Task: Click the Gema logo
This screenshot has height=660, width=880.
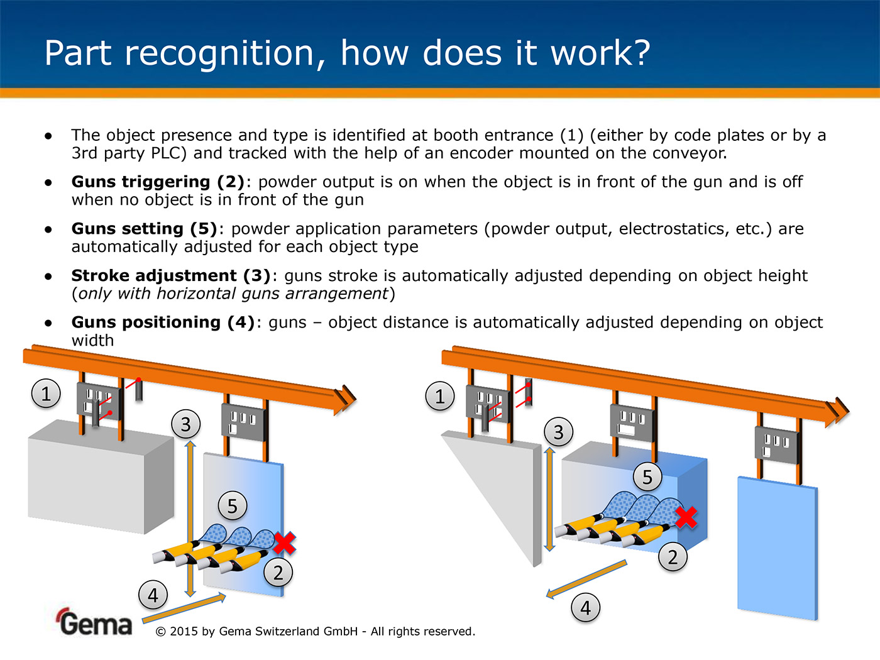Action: [x=95, y=622]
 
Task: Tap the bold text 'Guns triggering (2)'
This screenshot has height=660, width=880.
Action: [x=157, y=182]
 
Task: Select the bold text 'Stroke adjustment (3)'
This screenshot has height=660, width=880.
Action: [x=170, y=275]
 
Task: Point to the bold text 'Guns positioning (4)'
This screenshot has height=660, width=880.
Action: [x=163, y=322]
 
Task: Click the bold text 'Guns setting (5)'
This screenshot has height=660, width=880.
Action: [x=144, y=229]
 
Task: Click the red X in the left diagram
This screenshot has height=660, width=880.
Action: [x=284, y=542]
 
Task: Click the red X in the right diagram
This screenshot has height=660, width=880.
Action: [x=686, y=517]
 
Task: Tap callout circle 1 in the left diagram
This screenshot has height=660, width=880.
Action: [x=46, y=394]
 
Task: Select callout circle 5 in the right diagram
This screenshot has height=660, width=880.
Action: [x=647, y=477]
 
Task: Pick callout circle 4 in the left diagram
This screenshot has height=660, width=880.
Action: [x=153, y=595]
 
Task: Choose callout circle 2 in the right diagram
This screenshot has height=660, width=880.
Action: [x=673, y=557]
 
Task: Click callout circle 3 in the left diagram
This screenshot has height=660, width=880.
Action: [x=185, y=425]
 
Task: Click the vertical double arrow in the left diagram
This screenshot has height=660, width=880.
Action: [x=190, y=519]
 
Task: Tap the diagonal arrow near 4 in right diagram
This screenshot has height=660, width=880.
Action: [x=586, y=578]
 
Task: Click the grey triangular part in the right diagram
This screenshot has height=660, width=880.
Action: [x=497, y=484]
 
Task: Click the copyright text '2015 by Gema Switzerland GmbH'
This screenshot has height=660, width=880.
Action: [x=263, y=631]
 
